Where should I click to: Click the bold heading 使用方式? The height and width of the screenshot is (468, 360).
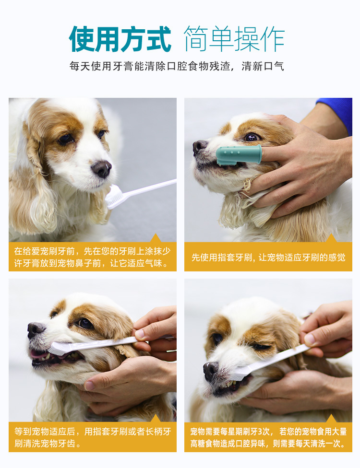120,39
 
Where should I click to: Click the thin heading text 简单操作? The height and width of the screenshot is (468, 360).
234,39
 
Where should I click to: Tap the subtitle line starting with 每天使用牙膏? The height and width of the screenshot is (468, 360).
177,66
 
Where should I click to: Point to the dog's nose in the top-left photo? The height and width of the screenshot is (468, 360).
101,169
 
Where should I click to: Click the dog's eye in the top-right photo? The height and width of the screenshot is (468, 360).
252,137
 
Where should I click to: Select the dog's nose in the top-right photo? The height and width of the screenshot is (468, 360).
200,147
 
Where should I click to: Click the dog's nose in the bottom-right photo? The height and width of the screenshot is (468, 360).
211,371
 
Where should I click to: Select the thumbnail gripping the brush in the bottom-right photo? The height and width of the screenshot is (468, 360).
310,339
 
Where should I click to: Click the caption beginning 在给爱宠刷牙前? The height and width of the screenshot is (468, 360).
92,257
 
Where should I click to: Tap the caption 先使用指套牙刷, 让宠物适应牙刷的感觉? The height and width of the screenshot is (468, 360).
268,257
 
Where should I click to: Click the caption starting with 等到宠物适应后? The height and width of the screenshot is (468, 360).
93,437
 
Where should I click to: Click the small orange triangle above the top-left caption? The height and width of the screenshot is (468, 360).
155,238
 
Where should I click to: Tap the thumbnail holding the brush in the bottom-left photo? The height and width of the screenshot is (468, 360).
140,334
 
